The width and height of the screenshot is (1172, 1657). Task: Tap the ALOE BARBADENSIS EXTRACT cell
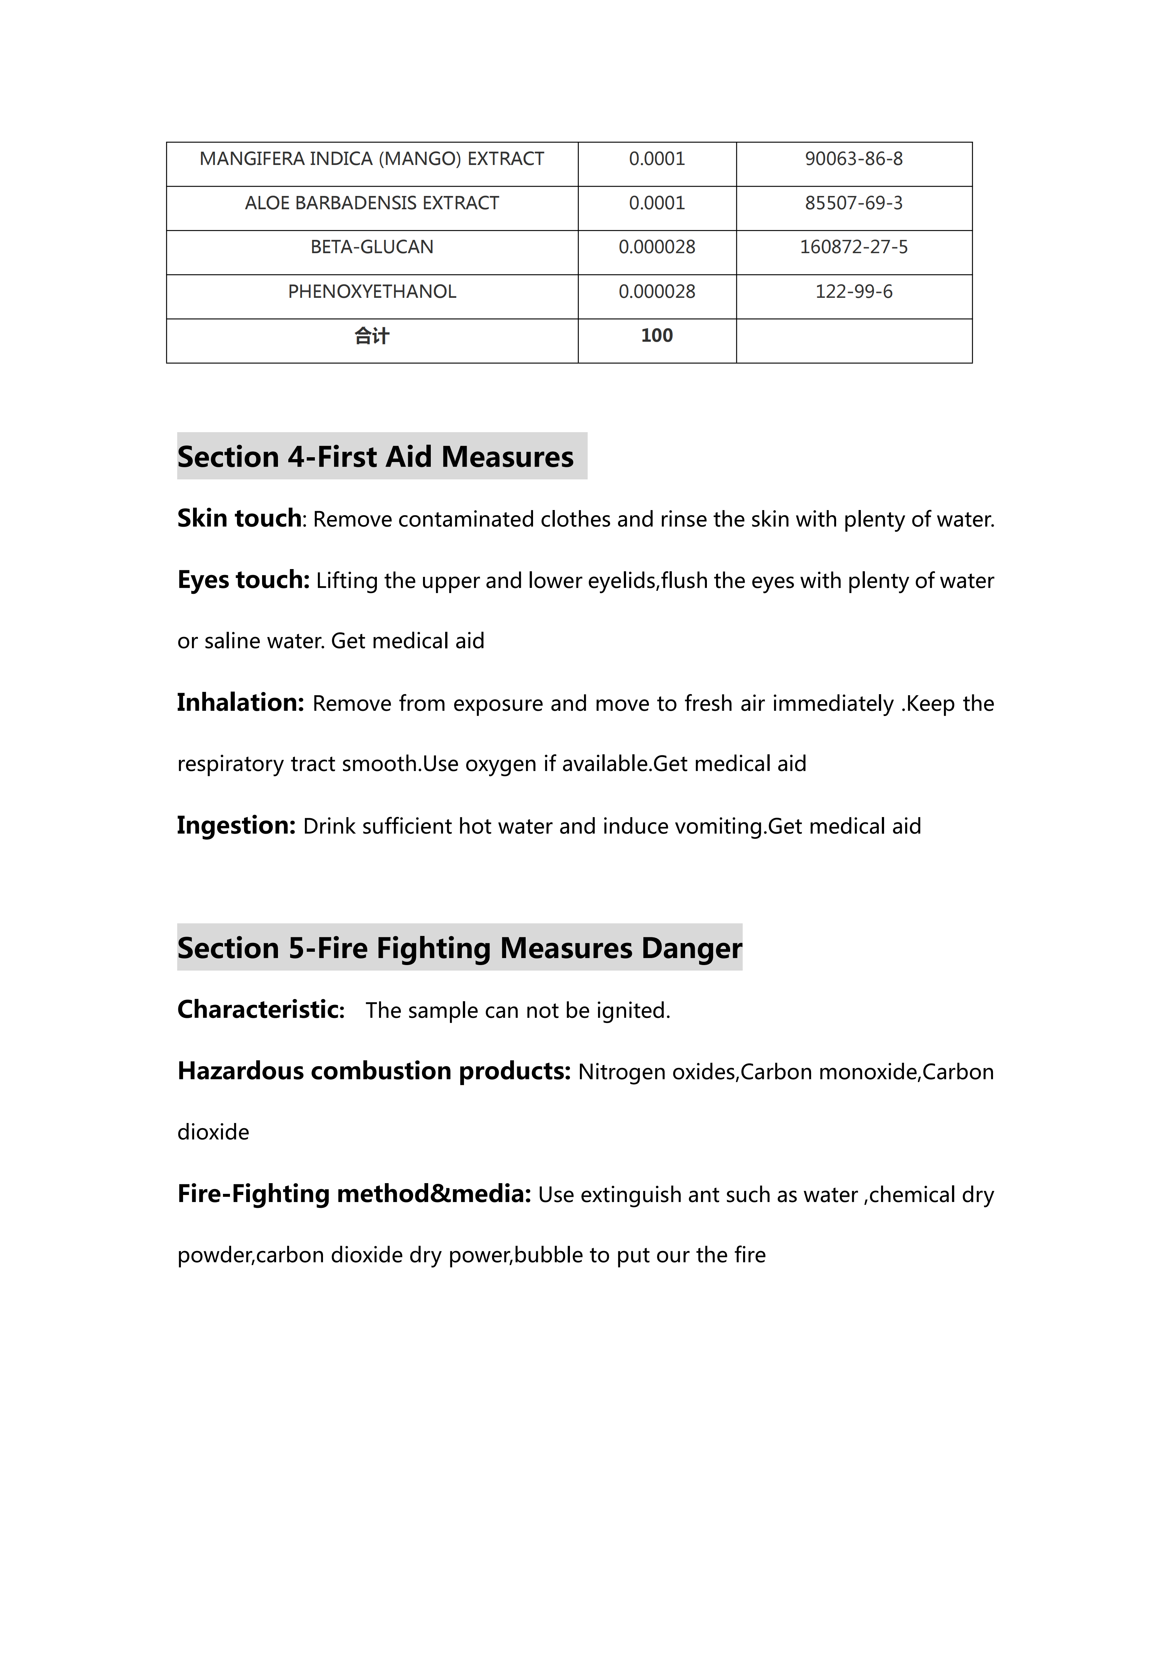[372, 203]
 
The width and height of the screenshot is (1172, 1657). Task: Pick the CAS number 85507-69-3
[854, 203]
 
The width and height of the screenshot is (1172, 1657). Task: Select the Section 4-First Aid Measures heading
[375, 457]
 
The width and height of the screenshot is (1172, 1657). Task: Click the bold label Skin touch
[239, 518]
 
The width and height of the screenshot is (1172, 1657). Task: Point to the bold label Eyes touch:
[243, 579]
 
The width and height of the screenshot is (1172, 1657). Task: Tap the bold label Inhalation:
[240, 702]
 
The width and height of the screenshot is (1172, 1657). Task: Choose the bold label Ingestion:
[236, 825]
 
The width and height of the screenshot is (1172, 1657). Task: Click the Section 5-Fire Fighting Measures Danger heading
[460, 948]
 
